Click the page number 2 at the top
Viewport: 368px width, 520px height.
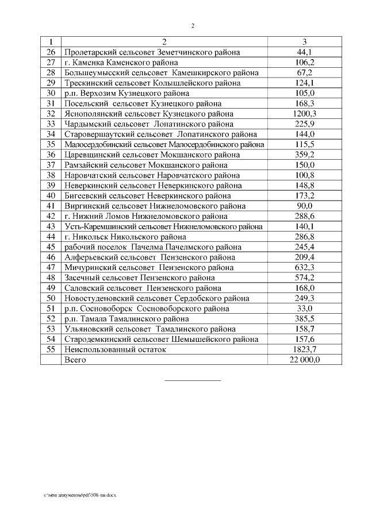[x=193, y=26]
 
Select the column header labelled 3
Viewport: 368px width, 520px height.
[x=304, y=42]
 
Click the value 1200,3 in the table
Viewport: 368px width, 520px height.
[x=304, y=114]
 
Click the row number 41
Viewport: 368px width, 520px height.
[x=51, y=206]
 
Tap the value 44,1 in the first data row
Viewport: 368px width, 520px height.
[x=304, y=52]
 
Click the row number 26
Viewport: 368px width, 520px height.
[x=51, y=52]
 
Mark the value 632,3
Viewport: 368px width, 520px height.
[x=304, y=267]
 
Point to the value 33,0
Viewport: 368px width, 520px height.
[x=304, y=308]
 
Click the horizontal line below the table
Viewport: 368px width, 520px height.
[x=193, y=380]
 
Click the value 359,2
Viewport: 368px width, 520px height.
[x=304, y=155]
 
